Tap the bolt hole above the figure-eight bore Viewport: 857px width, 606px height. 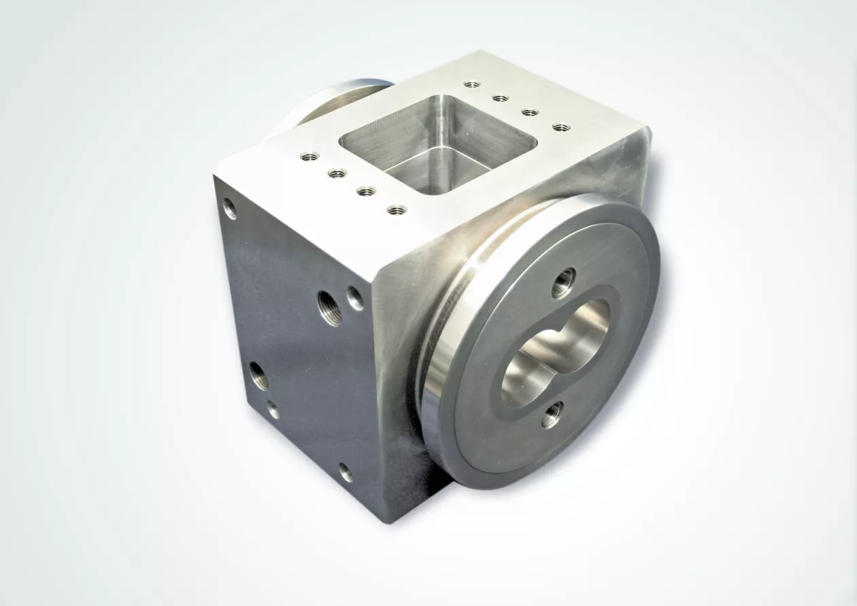[x=563, y=281]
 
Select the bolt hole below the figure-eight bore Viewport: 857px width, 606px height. [x=552, y=414]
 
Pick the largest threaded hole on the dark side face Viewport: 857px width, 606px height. [x=329, y=307]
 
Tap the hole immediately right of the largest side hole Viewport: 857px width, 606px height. [x=355, y=299]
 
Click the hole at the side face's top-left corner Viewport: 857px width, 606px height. [x=230, y=208]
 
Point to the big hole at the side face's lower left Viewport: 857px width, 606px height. [x=259, y=375]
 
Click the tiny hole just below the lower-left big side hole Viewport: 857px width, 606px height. [x=273, y=409]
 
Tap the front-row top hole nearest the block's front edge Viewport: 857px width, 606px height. [x=397, y=209]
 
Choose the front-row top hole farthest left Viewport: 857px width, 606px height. [x=309, y=156]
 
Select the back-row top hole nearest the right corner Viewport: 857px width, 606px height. [x=560, y=127]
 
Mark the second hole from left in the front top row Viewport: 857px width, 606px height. [x=337, y=173]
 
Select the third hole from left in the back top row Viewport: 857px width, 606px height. [x=530, y=112]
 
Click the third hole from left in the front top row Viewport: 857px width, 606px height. [x=366, y=191]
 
